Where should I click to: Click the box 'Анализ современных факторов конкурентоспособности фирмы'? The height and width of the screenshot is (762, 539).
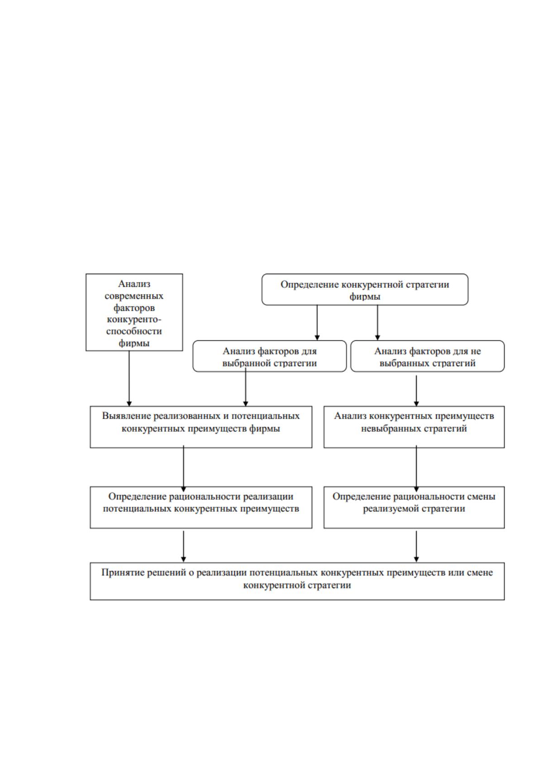click(134, 312)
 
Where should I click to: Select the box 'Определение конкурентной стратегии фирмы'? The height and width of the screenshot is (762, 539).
click(365, 290)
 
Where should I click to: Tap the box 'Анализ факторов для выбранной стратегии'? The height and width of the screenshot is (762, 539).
click(270, 356)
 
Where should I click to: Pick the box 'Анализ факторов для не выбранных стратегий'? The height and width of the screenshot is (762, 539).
click(427, 356)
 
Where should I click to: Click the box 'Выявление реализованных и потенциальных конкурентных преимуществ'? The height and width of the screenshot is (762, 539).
click(201, 427)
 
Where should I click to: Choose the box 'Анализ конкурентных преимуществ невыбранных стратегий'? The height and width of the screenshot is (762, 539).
click(414, 427)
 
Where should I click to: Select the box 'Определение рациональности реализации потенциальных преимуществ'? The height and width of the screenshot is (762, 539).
click(201, 507)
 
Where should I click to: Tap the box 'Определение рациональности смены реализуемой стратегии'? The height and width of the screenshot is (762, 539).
click(414, 507)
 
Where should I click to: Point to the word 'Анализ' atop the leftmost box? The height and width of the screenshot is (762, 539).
click(134, 284)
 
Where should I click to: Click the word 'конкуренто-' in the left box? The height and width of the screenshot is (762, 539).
click(134, 319)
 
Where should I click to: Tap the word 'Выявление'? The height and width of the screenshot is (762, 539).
click(126, 416)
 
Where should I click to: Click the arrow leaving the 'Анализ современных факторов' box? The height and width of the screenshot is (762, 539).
click(129, 378)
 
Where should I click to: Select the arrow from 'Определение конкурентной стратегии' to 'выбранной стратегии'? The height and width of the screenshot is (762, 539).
click(317, 323)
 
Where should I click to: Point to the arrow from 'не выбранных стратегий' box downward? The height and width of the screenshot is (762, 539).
click(416, 391)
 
